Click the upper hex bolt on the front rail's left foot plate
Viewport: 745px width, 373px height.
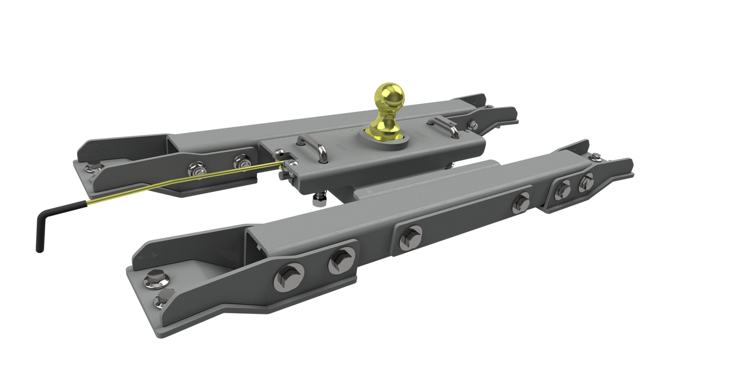[156, 278]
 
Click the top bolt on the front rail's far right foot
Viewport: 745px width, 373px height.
[597, 156]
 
